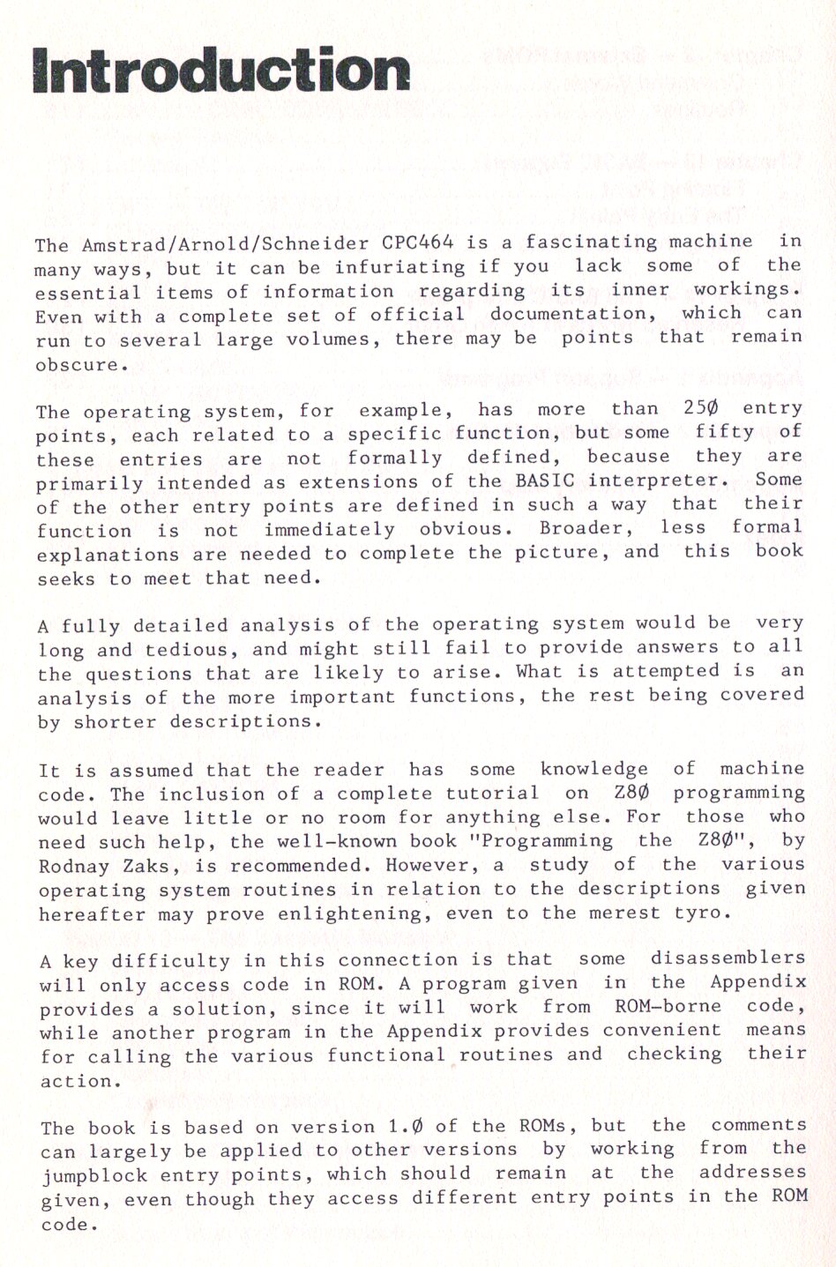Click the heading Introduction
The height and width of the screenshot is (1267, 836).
220,70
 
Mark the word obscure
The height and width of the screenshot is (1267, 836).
77,363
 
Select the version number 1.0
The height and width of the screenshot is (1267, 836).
410,1127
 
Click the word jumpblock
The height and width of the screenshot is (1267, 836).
88,1176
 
